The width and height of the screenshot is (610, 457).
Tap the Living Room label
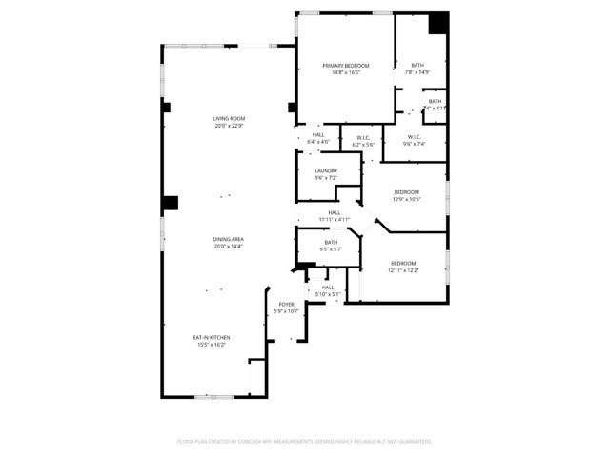pyautogui.click(x=229, y=118)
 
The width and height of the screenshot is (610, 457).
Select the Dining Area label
pyautogui.click(x=229, y=239)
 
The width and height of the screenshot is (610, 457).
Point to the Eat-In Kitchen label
pyautogui.click(x=212, y=337)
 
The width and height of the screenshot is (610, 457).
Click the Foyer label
pyautogui.click(x=286, y=305)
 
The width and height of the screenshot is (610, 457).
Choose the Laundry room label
pyautogui.click(x=326, y=171)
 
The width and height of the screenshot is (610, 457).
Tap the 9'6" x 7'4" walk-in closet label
pyautogui.click(x=415, y=137)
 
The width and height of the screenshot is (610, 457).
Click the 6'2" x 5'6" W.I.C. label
pyautogui.click(x=364, y=137)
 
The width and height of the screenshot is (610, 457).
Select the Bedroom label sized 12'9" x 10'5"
pyautogui.click(x=407, y=192)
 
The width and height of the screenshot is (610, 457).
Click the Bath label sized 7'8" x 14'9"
pyautogui.click(x=417, y=65)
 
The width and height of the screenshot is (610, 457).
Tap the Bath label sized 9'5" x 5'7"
pyautogui.click(x=331, y=243)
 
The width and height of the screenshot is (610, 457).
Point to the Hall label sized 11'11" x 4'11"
pyautogui.click(x=334, y=212)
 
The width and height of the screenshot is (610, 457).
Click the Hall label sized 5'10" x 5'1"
pyautogui.click(x=327, y=287)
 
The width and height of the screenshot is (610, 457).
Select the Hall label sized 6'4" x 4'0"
pyautogui.click(x=318, y=135)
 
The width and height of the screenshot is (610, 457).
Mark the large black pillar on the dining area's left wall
pyautogui.click(x=170, y=203)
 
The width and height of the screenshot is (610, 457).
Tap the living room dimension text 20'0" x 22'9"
pyautogui.click(x=229, y=125)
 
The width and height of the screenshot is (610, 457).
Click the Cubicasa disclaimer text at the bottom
pyautogui.click(x=305, y=442)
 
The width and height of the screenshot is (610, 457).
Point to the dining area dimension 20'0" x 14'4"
pyautogui.click(x=229, y=247)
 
